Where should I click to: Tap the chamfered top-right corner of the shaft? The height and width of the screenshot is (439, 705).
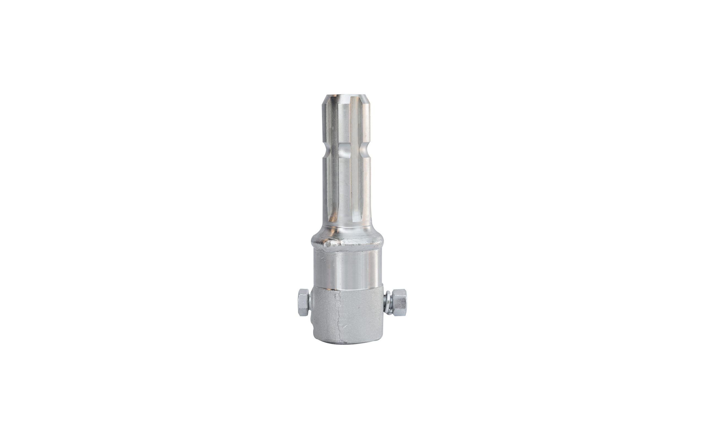coord(368,100)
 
